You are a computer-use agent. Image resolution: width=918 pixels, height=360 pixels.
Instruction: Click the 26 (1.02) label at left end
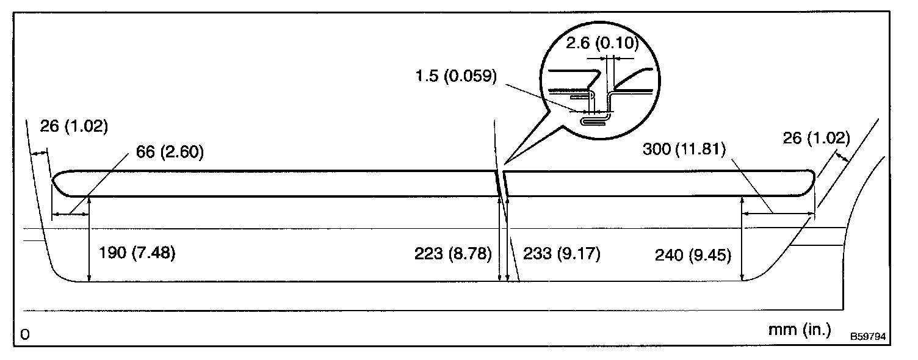[x=74, y=127]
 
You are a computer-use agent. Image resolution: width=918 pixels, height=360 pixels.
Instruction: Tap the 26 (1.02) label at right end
[x=816, y=138]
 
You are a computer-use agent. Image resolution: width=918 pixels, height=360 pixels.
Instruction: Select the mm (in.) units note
[x=800, y=330]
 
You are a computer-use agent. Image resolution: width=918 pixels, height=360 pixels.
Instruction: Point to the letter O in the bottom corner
[x=25, y=334]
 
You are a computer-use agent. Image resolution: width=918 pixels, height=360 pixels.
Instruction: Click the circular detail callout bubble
[x=602, y=85]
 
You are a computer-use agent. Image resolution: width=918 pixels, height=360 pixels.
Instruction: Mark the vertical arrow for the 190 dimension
[x=90, y=239]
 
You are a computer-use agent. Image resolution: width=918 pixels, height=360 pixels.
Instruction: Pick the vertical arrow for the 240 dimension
[x=742, y=239]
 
